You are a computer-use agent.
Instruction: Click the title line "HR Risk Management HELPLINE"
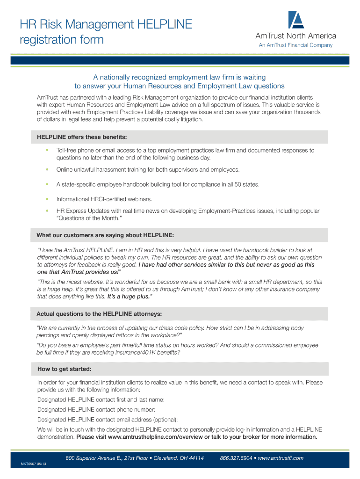106,24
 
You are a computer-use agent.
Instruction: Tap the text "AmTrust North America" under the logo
295,36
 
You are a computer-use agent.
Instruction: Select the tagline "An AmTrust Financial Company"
295,45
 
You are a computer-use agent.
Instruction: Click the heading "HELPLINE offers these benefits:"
82,137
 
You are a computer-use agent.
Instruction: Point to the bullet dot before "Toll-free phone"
47,150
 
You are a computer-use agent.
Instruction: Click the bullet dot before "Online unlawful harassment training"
47,169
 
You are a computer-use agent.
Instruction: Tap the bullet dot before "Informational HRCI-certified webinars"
47,199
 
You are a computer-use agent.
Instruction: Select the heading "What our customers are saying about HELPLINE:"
108,235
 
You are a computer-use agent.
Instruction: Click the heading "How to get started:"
64,369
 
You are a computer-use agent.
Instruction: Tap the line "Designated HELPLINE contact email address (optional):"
108,420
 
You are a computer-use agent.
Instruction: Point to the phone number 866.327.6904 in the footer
236,458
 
